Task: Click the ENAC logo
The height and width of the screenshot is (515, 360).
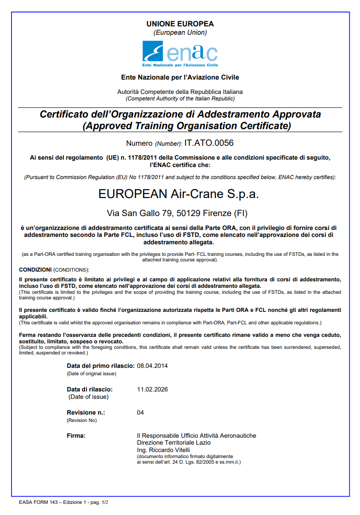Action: (x=180, y=54)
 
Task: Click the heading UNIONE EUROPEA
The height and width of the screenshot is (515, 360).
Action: (x=180, y=24)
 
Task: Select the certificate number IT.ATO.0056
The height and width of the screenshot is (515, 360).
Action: (x=209, y=143)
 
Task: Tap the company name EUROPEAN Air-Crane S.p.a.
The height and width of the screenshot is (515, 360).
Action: (x=179, y=194)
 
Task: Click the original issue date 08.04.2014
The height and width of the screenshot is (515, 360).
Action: (x=152, y=366)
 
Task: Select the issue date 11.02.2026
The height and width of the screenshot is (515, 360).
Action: (x=152, y=389)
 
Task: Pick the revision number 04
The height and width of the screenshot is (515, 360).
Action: (x=141, y=412)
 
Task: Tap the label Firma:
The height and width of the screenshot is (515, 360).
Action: (x=76, y=435)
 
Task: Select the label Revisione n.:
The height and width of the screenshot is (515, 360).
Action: (x=86, y=412)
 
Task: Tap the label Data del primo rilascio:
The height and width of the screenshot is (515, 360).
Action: (x=101, y=366)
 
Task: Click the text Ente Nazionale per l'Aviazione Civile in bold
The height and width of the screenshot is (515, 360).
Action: (x=180, y=77)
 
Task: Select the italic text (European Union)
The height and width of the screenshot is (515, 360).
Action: (x=180, y=32)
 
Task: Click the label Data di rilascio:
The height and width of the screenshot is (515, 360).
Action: (x=90, y=389)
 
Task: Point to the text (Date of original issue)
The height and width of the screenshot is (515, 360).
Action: (x=92, y=373)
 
